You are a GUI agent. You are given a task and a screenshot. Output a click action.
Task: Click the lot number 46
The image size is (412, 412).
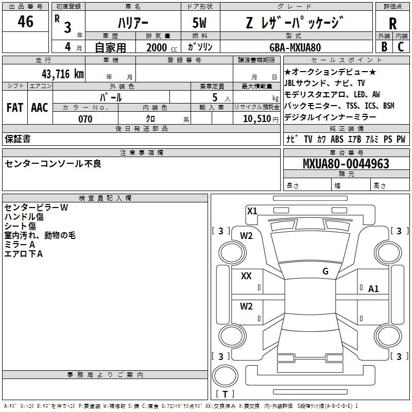[25, 21]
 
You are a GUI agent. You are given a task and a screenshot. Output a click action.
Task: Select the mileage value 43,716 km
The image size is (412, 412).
[62, 74]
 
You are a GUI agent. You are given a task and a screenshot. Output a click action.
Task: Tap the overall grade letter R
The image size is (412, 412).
[392, 23]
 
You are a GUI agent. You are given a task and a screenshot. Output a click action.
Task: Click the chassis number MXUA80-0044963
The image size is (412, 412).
[346, 164]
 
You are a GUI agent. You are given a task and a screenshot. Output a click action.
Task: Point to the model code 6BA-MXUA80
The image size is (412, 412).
[295, 47]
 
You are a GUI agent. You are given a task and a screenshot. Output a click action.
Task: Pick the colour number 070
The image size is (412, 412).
[85, 119]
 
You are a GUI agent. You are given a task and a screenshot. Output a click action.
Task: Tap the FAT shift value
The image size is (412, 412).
[15, 108]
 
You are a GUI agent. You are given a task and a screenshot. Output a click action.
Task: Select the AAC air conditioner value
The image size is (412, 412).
[40, 108]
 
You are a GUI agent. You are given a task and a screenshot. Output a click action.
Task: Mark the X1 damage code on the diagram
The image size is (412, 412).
[252, 211]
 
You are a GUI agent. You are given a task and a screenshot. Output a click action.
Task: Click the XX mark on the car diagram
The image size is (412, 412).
[246, 276]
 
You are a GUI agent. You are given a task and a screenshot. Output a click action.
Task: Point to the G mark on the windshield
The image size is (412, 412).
[325, 271]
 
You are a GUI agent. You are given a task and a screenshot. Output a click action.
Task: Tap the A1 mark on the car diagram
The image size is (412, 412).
[373, 289]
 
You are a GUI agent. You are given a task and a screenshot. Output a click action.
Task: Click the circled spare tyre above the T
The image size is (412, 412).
[225, 375]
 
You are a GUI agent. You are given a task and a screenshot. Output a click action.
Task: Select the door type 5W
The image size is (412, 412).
[199, 23]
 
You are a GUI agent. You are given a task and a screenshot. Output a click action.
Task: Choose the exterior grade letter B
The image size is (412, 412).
[384, 47]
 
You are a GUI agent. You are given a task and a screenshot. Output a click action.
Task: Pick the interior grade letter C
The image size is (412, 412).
[401, 47]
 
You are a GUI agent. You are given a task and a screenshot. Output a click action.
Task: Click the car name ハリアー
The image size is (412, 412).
[133, 23]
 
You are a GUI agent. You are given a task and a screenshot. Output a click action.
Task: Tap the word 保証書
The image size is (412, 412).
[18, 139]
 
